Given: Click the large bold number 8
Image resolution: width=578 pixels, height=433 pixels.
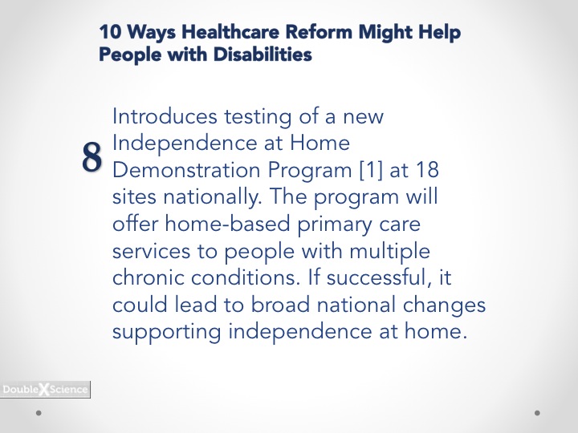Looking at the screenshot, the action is (x=92, y=157).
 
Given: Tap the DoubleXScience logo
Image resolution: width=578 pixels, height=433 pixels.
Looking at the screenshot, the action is (x=45, y=389).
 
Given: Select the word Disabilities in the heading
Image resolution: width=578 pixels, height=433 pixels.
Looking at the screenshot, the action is (x=263, y=55).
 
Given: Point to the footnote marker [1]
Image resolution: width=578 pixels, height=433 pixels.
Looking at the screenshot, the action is (x=371, y=170).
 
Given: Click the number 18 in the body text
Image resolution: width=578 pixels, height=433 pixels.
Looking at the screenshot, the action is (x=428, y=170).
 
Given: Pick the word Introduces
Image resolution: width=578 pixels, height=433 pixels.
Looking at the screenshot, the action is (x=165, y=116).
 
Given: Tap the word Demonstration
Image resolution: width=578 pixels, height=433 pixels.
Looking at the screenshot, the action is (x=186, y=170).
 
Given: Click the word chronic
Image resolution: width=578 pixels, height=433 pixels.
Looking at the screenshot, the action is (x=149, y=277).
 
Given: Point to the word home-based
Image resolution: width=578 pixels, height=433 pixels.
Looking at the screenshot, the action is (x=227, y=224).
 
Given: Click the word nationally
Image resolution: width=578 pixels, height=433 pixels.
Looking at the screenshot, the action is (x=212, y=196).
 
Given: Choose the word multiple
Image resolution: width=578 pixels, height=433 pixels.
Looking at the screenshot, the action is (x=389, y=252).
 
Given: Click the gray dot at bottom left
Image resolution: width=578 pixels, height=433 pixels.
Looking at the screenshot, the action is (x=39, y=413).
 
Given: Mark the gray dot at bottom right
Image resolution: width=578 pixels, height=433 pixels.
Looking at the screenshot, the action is (x=537, y=413).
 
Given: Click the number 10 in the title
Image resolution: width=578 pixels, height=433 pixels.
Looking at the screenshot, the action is (x=110, y=31).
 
